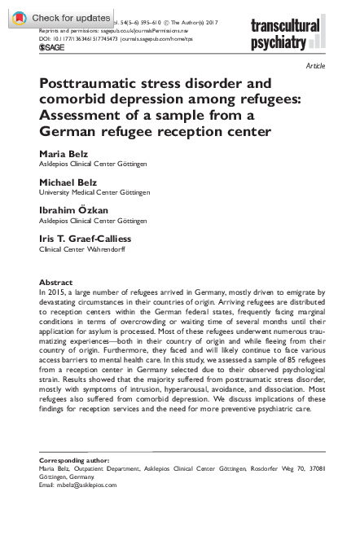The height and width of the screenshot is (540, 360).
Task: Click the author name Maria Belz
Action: coord(64,153)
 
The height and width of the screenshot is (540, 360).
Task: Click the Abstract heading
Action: coord(55,282)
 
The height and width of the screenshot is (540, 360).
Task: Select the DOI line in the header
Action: coord(122,37)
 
